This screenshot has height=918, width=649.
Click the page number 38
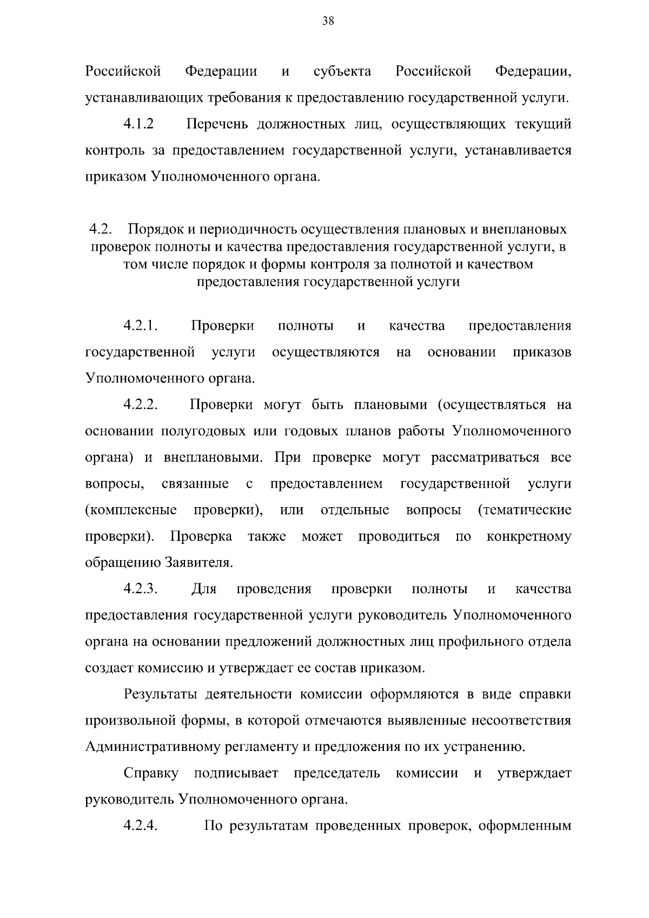click(328, 21)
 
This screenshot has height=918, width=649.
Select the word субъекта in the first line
click(342, 71)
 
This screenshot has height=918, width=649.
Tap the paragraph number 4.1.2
click(138, 124)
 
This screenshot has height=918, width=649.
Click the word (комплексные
click(131, 510)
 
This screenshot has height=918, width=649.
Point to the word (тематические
click(525, 510)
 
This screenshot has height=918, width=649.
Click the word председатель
click(336, 774)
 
